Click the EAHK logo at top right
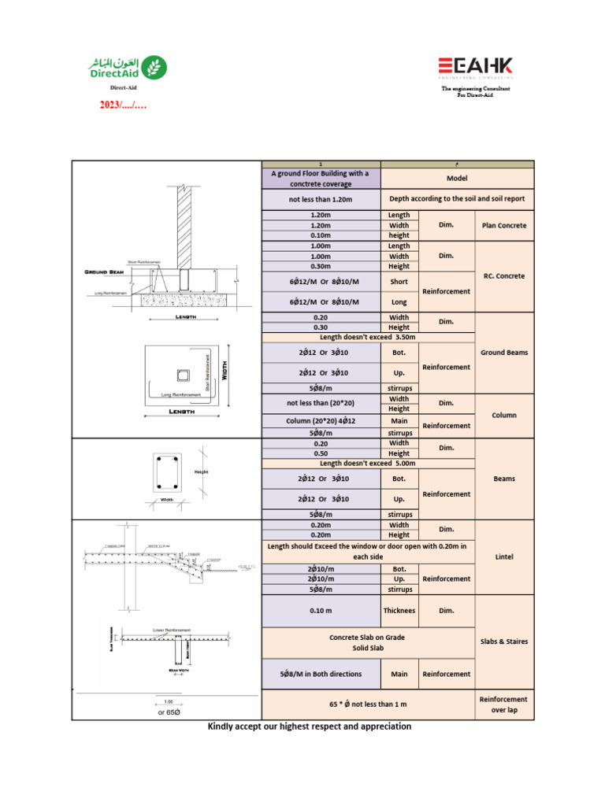coord(476,67)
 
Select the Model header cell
coord(457,179)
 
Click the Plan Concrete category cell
coord(504,225)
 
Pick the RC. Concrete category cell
coord(504,276)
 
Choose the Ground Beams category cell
coord(504,353)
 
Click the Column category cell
coord(504,415)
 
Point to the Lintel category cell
coord(504,556)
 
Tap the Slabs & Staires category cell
coord(504,641)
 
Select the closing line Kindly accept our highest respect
coord(309,727)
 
